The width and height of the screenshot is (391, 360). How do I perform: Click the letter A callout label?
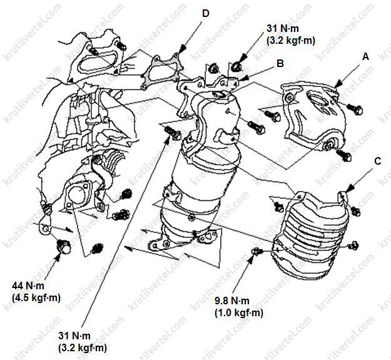click(x=365, y=57)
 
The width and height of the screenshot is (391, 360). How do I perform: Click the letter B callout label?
click(x=280, y=63)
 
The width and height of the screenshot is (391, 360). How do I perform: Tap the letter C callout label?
click(x=378, y=161)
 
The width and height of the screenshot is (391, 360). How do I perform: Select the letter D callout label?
click(x=205, y=14)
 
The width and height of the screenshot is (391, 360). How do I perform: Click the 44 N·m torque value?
click(x=28, y=285)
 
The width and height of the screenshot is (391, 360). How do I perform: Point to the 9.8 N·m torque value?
click(x=232, y=301)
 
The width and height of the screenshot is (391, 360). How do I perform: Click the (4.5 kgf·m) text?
click(x=36, y=297)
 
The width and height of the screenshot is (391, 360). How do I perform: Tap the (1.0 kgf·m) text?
click(x=239, y=313)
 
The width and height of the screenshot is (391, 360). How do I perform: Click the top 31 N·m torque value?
click(x=283, y=28)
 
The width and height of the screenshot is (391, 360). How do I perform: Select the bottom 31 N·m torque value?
click(x=74, y=336)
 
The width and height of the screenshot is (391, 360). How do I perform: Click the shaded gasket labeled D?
click(x=162, y=71)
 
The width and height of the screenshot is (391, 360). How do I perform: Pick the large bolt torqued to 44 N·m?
click(x=64, y=246)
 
